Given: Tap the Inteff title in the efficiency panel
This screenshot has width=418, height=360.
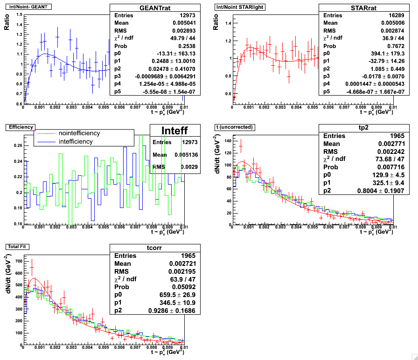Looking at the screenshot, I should coord(175,131).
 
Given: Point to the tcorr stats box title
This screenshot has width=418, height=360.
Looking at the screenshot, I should coord(154,248).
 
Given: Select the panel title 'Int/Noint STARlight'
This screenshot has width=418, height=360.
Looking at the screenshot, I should coord(237,7).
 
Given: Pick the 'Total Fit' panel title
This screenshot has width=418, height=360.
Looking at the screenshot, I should coord(17,246).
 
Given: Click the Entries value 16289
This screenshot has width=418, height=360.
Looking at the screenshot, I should coord(381,15).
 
